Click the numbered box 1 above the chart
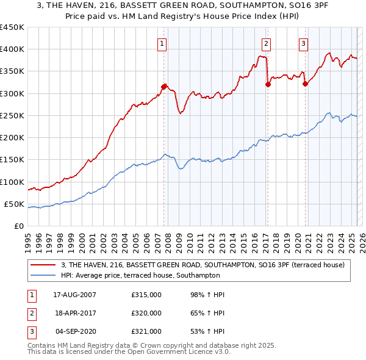(162, 43)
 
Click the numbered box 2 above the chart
(267, 43)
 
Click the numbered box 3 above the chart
(303, 43)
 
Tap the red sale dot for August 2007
(163, 87)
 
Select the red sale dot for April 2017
(268, 84)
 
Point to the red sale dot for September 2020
(305, 84)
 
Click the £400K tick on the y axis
(12, 49)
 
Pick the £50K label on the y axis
(14, 204)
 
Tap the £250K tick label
(12, 116)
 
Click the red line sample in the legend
(43, 265)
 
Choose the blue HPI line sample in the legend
(43, 275)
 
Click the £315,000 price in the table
(146, 295)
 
